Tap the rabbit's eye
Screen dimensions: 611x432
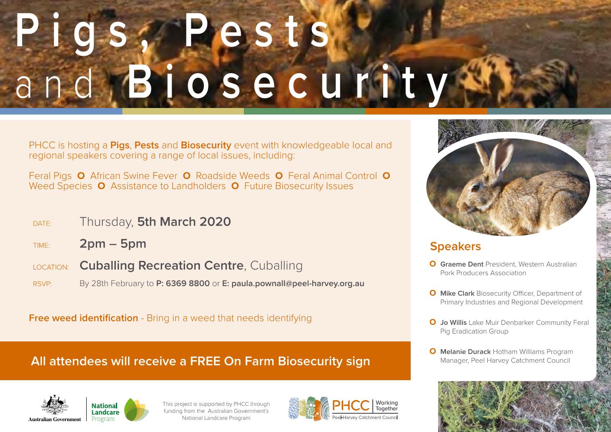(476, 188)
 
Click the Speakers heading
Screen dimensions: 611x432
(455, 246)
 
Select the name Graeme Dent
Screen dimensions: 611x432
(462, 264)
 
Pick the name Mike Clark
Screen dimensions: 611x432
(457, 293)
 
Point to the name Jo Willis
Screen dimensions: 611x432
(453, 322)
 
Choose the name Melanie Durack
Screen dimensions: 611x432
(466, 351)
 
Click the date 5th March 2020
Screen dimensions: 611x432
(184, 222)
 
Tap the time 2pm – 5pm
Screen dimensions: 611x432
(113, 244)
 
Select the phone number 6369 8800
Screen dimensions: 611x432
(188, 283)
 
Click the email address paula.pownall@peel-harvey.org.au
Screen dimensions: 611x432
(298, 283)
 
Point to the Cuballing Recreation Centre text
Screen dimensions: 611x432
(162, 265)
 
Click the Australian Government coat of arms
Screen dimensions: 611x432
(54, 405)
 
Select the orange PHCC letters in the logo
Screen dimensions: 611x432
(351, 405)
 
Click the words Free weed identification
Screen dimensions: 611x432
(84, 318)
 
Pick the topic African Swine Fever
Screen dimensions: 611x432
(134, 175)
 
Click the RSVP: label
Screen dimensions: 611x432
(42, 284)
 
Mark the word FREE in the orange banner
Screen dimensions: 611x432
(205, 361)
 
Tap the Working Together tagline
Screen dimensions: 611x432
(387, 405)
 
